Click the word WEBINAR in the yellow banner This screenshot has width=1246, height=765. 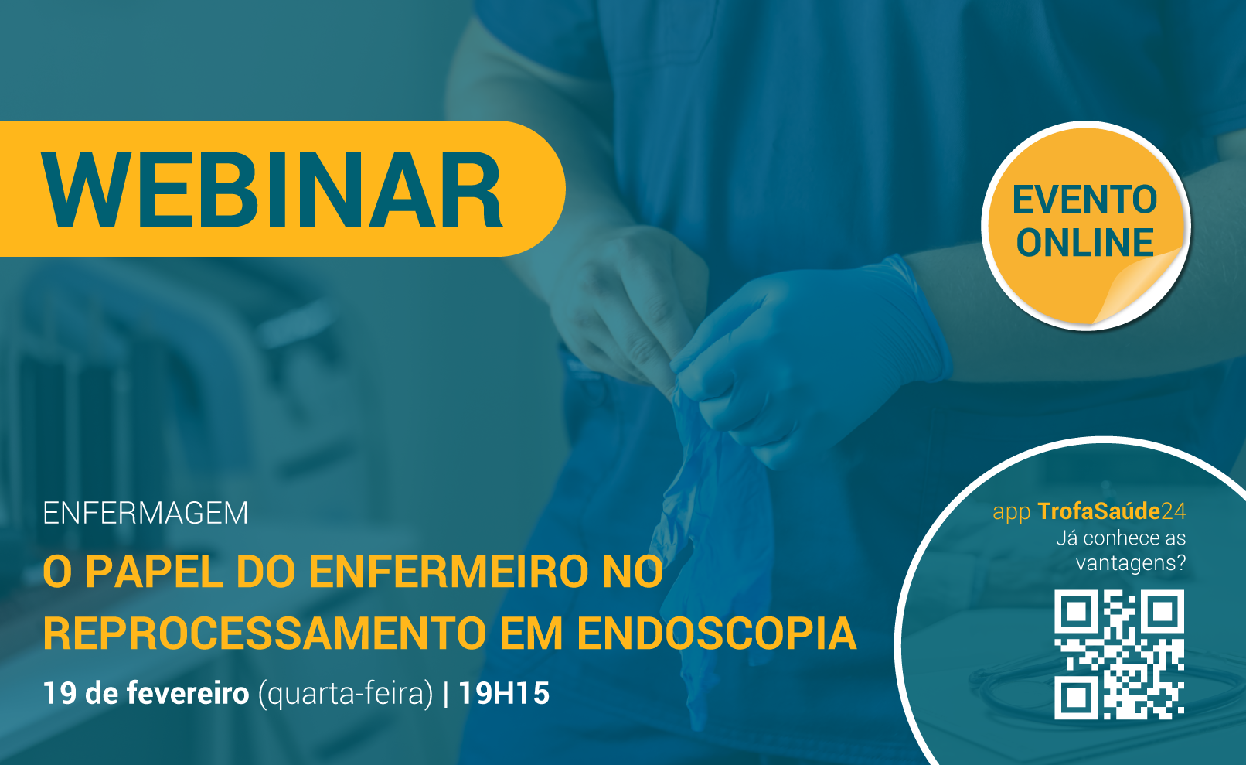click(272, 190)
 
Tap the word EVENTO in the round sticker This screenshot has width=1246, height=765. click(1084, 200)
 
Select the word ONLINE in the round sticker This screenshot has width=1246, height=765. click(1084, 242)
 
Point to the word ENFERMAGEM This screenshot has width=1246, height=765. click(145, 513)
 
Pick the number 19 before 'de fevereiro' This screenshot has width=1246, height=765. click(60, 694)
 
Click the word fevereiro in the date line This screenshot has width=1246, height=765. click(188, 694)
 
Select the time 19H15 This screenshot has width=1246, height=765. click(504, 694)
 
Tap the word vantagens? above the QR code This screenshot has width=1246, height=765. click(1131, 563)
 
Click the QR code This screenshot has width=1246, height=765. click(1119, 654)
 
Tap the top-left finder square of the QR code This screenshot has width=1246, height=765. click(1077, 612)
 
